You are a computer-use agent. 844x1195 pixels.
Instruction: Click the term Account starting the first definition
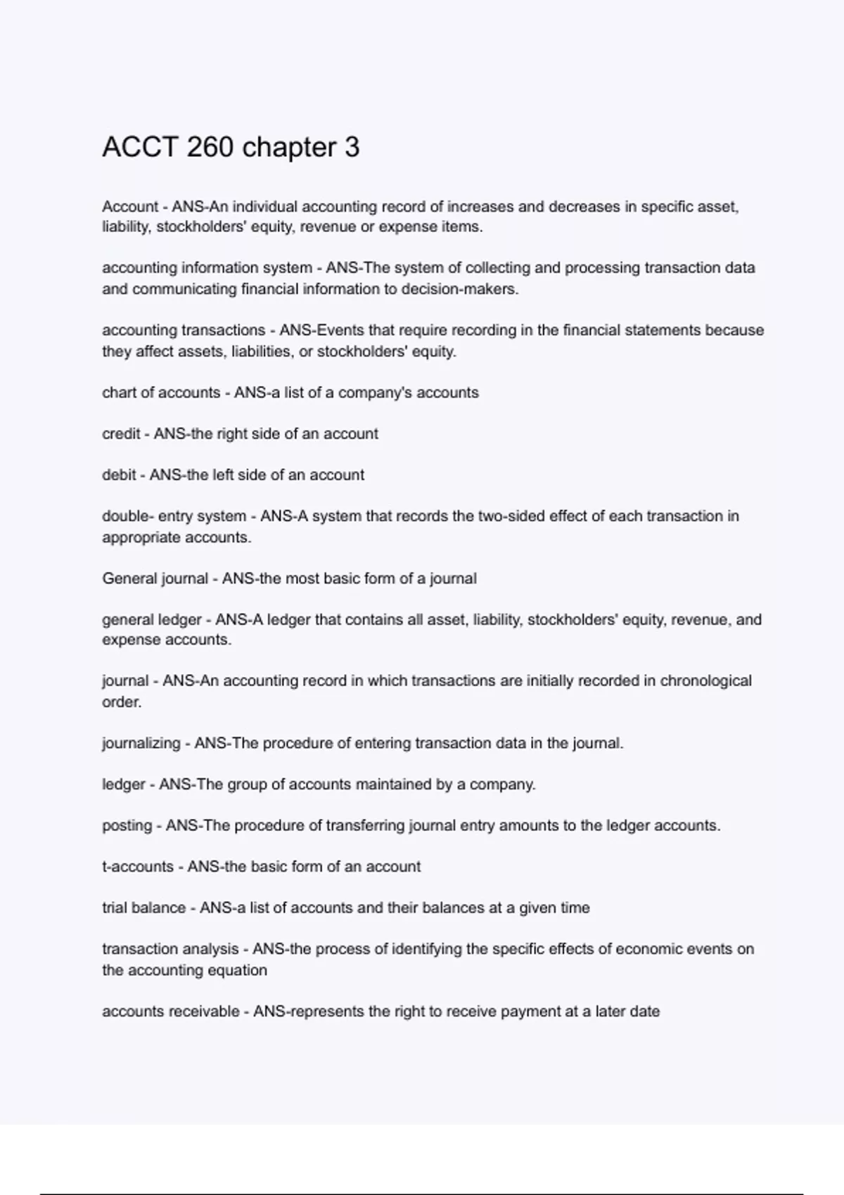130,207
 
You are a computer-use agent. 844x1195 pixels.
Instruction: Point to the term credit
120,434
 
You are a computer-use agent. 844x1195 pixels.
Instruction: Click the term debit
119,475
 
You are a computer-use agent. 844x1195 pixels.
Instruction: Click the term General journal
155,579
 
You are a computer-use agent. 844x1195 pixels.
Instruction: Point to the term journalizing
141,743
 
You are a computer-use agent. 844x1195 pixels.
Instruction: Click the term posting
127,825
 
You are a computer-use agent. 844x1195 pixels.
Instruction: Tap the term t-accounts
138,867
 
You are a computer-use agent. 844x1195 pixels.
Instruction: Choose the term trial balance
143,907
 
